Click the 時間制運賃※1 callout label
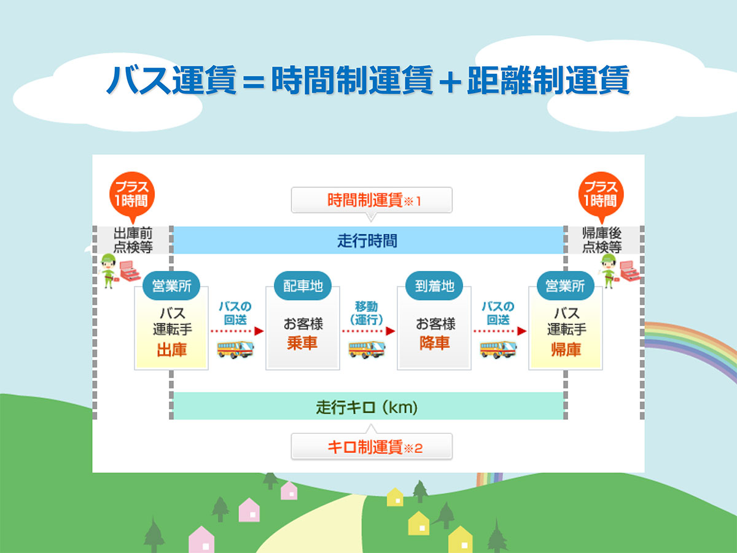click(x=372, y=200)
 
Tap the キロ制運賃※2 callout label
click(x=372, y=447)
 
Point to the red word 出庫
click(x=171, y=351)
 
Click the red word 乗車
click(x=302, y=343)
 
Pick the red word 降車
click(x=434, y=343)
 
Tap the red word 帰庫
click(x=566, y=351)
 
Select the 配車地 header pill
click(x=302, y=286)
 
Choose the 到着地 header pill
click(x=434, y=286)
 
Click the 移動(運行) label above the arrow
click(x=367, y=313)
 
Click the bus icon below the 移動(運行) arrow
click(x=367, y=349)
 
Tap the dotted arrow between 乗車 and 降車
click(x=368, y=331)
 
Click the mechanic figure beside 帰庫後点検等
click(x=609, y=270)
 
